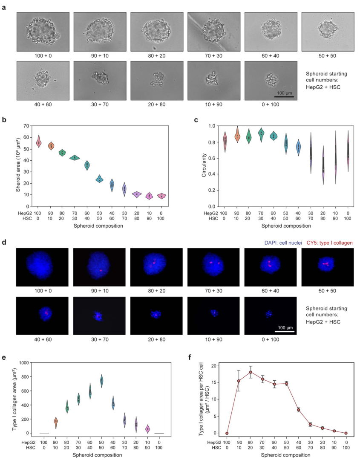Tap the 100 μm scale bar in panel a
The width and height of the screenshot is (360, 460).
coord(282,97)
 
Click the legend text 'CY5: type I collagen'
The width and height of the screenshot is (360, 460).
coord(332,243)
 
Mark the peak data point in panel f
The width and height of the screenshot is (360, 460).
coord(251,372)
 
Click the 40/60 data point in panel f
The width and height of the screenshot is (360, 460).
coord(299,410)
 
